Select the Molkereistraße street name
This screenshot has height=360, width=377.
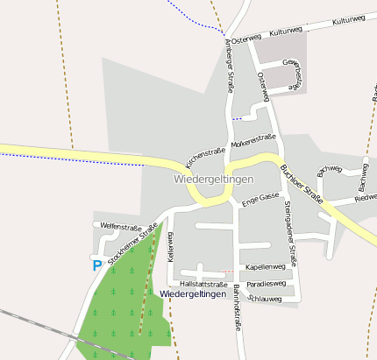(253, 140)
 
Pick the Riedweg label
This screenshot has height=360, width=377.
(366, 199)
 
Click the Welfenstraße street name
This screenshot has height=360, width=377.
(121, 226)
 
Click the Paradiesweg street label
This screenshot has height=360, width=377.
(266, 284)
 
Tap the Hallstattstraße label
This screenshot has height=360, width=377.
(203, 285)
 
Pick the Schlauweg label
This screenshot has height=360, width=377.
(265, 299)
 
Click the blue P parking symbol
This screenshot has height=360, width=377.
(96, 265)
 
